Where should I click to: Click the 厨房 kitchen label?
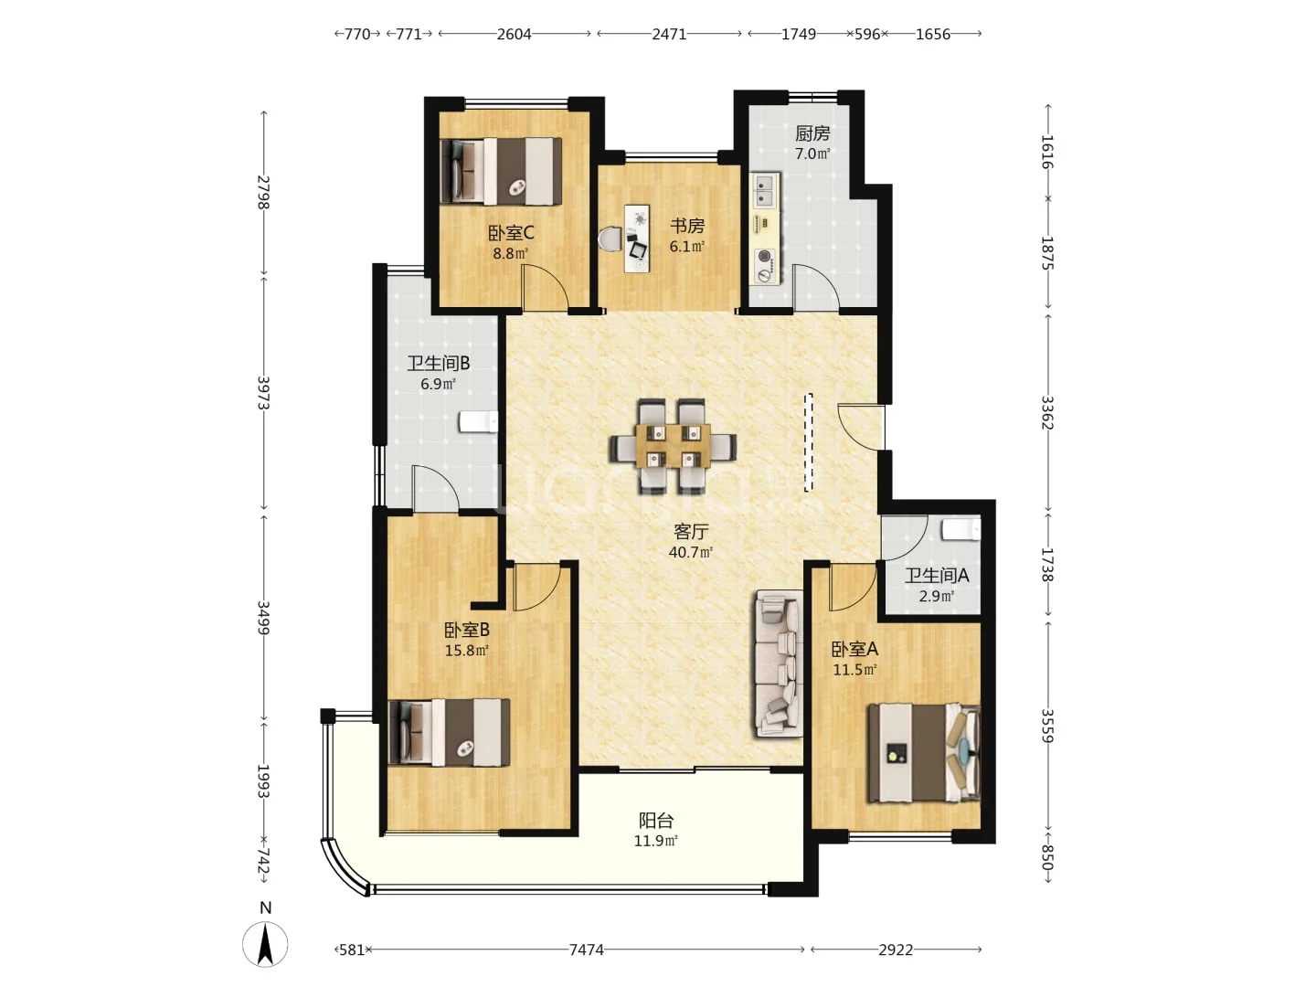(x=812, y=133)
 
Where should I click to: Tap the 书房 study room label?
(x=687, y=226)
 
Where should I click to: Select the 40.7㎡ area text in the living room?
(x=691, y=552)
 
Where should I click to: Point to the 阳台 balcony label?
(x=656, y=819)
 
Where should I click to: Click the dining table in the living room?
(x=673, y=447)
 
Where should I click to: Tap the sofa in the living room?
(x=779, y=663)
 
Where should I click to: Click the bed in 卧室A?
(x=924, y=753)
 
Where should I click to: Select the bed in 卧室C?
(x=501, y=172)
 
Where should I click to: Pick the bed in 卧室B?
(x=450, y=732)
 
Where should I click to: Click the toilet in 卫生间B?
(x=478, y=422)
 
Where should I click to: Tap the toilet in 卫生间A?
(x=961, y=530)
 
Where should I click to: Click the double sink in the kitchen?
(x=764, y=190)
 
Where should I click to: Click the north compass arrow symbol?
(x=265, y=944)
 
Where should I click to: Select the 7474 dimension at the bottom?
(x=586, y=950)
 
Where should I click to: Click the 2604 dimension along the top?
(x=514, y=34)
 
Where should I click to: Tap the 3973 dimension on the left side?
(x=262, y=393)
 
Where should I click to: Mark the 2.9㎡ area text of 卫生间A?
(x=936, y=596)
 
